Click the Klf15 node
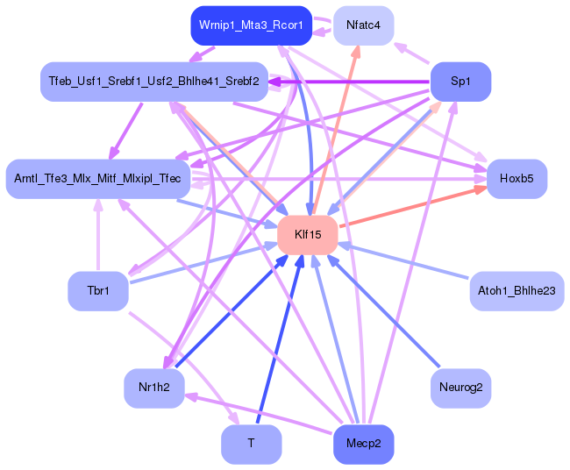click(x=307, y=235)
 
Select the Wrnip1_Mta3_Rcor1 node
click(x=251, y=25)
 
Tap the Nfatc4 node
click(x=363, y=25)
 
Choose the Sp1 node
click(x=460, y=82)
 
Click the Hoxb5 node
click(x=517, y=179)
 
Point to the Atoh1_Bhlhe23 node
click(x=516, y=290)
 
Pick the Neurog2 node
click(x=460, y=388)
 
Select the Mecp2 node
click(x=363, y=444)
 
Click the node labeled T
click(x=251, y=444)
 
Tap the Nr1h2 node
click(x=153, y=388)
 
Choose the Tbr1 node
click(x=97, y=290)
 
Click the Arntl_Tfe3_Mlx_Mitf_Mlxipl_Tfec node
click(x=97, y=179)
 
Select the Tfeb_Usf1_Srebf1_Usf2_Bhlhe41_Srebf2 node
click(x=153, y=82)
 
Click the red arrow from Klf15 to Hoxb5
click(x=412, y=207)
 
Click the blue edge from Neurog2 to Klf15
click(x=386, y=313)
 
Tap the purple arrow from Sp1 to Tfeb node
click(x=351, y=82)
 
